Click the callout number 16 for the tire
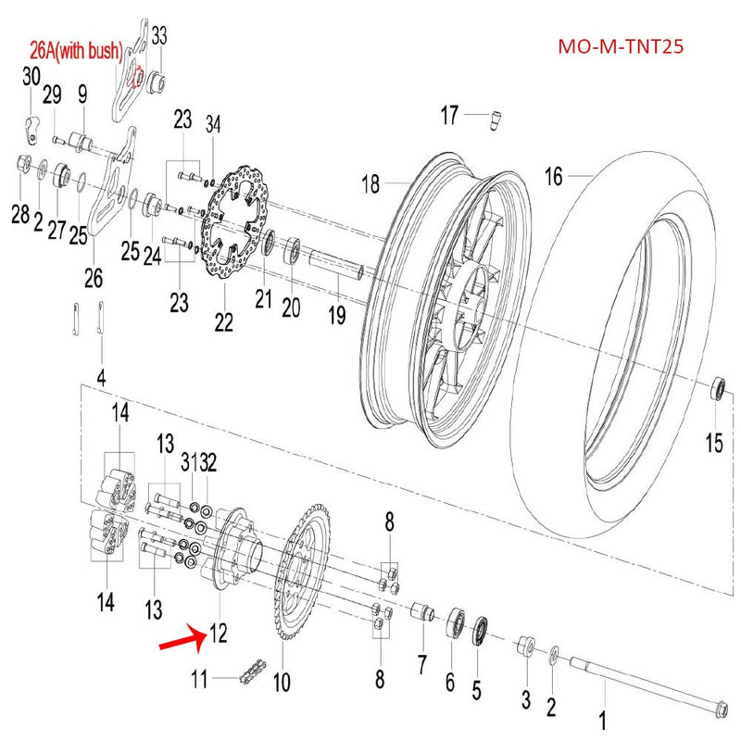coord(553,176)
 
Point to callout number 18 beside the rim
coord(370,184)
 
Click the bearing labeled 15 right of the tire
coord(717,388)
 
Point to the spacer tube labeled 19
coord(339,265)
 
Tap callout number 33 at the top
coord(159,36)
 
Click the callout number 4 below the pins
coord(101,377)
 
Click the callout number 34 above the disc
coord(214,123)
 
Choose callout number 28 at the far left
coord(20,214)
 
